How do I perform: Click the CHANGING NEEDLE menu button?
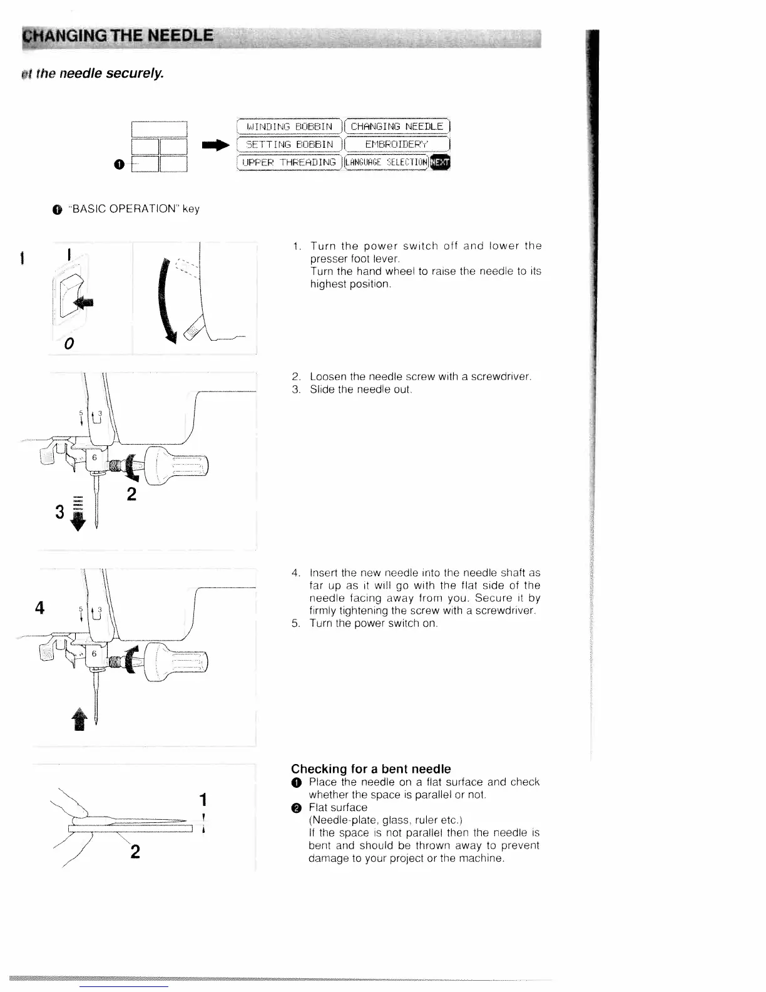coord(397,127)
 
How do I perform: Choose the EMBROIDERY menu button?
coord(397,145)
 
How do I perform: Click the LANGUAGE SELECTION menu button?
coord(389,163)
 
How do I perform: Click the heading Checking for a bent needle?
coord(370,768)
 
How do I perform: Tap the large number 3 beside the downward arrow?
coord(60,512)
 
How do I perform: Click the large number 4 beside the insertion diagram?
coord(40,608)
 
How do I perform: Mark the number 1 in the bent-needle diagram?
coord(202,800)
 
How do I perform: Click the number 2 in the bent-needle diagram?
coord(135,851)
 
